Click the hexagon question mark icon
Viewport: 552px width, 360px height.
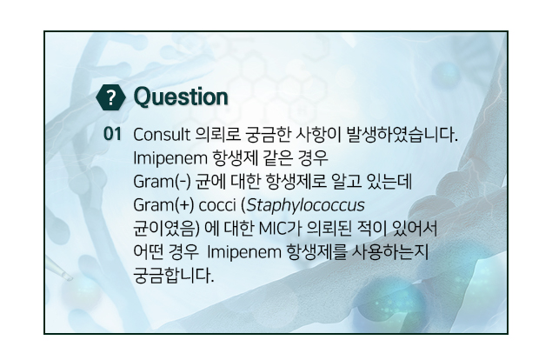click(110, 97)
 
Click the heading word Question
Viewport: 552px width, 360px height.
click(181, 97)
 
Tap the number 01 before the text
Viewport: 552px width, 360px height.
click(112, 134)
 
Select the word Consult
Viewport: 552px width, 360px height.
click(162, 135)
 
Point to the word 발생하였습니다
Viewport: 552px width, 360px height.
click(402, 135)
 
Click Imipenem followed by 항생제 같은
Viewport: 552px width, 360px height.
click(170, 158)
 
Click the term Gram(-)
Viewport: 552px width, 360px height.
click(162, 182)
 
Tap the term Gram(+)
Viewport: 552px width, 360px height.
click(163, 205)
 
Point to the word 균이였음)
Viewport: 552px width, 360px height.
click(166, 228)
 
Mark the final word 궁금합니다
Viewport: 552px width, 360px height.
click(174, 276)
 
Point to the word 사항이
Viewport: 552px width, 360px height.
click(318, 135)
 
